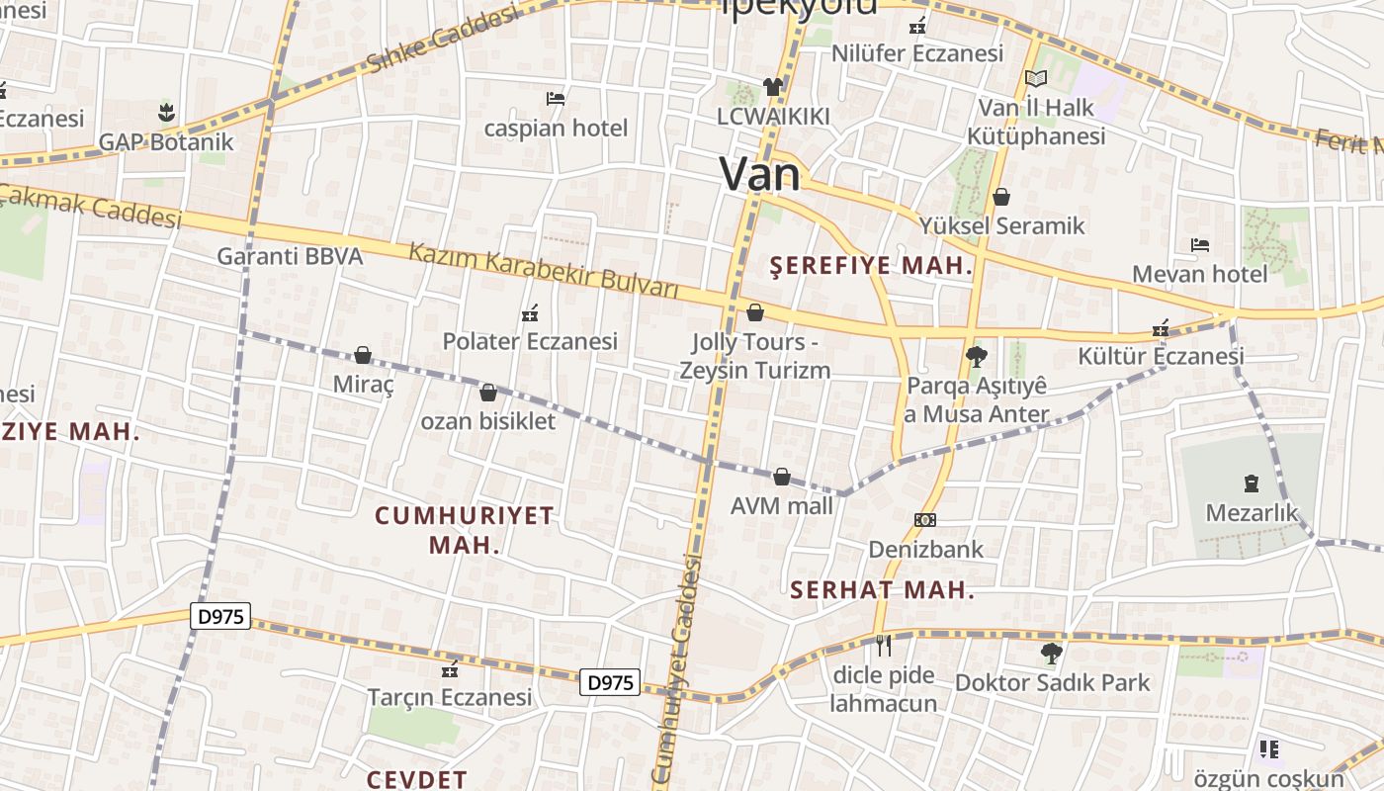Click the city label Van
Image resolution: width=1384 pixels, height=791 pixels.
click(x=759, y=174)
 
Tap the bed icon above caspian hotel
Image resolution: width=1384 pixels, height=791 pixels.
click(x=556, y=99)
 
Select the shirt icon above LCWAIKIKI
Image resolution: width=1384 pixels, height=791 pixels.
click(x=772, y=87)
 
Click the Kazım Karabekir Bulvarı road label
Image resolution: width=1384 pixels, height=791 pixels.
click(x=544, y=270)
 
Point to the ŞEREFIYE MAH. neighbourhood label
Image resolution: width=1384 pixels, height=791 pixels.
click(x=871, y=265)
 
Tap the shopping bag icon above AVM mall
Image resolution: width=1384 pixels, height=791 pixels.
click(x=782, y=478)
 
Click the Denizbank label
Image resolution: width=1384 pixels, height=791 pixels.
click(x=925, y=549)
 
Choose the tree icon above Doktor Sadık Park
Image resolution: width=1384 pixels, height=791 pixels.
click(x=1051, y=653)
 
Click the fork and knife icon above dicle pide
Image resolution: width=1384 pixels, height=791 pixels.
click(x=883, y=646)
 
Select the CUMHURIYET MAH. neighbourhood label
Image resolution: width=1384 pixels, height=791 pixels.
click(x=465, y=530)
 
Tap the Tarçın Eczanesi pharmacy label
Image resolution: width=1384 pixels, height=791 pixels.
click(x=450, y=697)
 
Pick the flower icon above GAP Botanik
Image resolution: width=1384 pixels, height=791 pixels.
click(x=166, y=112)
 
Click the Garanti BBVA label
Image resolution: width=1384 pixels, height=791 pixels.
click(x=290, y=256)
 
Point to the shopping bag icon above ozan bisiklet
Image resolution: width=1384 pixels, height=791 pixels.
click(x=487, y=393)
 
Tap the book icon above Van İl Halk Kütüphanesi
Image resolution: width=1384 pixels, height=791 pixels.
click(x=1035, y=78)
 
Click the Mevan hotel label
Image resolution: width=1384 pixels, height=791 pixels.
click(x=1199, y=274)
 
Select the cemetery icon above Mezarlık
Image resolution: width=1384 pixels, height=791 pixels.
click(x=1252, y=483)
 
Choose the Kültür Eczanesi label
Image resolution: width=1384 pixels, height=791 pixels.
click(x=1161, y=356)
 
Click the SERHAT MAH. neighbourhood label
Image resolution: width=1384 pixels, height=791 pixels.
click(x=883, y=590)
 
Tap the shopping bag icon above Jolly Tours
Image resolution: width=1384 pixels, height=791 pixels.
click(x=755, y=312)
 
